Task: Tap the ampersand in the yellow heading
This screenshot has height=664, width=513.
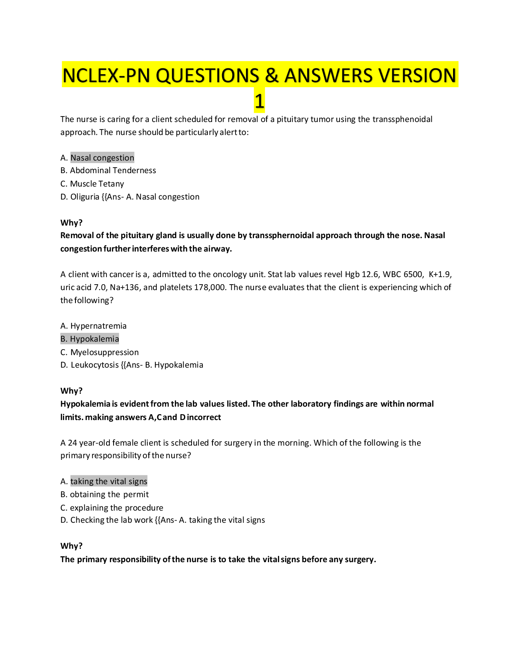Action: coord(272,75)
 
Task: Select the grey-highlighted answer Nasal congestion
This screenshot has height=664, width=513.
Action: coord(102,158)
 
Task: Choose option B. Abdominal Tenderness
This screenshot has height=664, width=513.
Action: coord(108,170)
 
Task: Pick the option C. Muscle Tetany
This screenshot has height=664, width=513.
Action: coord(92,184)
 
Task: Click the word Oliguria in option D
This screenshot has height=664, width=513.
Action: coord(85,197)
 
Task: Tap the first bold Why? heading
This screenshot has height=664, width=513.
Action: coord(72,223)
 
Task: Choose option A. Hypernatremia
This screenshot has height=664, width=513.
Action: coord(93,326)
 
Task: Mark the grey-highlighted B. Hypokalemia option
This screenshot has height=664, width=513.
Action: coord(90,339)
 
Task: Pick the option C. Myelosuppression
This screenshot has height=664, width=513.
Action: coord(100,352)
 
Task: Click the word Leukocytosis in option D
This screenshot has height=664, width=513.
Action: coord(95,365)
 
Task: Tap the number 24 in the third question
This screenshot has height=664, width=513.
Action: coord(73,443)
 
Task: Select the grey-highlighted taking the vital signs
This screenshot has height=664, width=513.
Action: coord(109,481)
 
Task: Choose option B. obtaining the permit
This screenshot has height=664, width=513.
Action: coord(104,494)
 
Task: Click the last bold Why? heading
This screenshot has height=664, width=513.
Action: coord(72,546)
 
